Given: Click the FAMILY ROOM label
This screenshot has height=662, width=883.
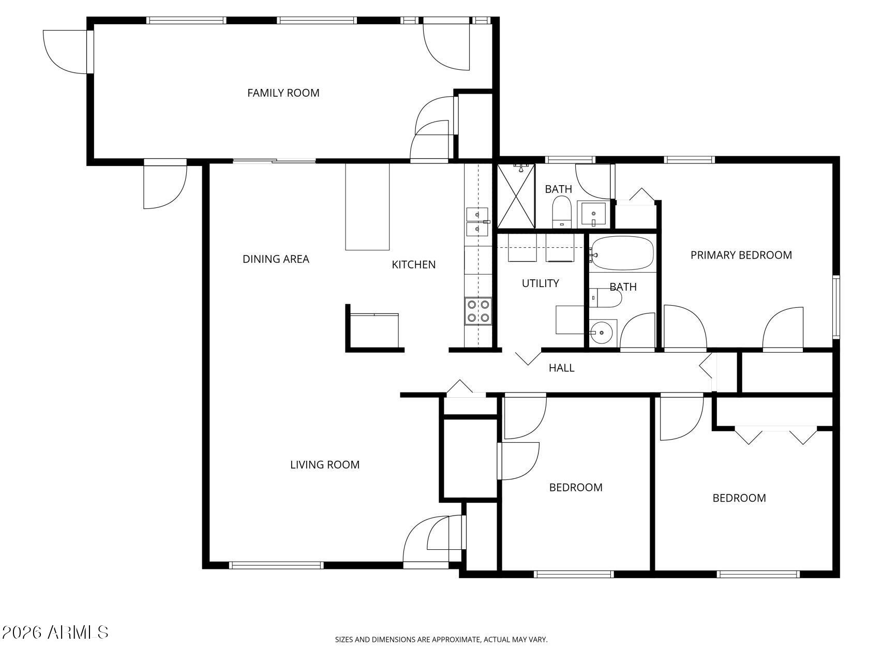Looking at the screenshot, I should point(283,93).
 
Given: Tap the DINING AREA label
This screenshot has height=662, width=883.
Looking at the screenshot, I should point(276,259).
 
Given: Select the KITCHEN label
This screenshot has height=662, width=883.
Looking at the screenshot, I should point(413,265).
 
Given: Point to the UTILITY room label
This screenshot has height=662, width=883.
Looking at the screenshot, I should point(540,283).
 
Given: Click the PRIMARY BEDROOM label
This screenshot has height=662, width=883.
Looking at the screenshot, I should point(741,255).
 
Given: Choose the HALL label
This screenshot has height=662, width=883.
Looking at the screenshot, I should point(561,368).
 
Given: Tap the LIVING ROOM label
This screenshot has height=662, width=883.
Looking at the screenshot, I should point(324,465).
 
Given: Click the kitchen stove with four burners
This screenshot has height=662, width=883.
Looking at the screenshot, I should point(478,311).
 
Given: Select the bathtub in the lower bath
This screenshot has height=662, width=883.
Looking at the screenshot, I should point(623,253).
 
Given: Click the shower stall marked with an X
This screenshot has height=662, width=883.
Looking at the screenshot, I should point(516,196).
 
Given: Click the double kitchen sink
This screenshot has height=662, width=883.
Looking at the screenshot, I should point(477,221).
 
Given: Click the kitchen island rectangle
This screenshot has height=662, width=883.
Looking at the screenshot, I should point(367,207).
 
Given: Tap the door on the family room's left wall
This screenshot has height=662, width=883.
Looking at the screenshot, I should point(90,52).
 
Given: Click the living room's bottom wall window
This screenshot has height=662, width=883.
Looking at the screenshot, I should point(276,565).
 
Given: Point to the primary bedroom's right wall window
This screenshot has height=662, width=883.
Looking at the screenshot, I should point(835,307).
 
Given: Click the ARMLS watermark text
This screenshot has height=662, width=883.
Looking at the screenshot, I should point(55,632).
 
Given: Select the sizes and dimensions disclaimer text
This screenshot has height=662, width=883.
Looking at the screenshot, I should point(441,640).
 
